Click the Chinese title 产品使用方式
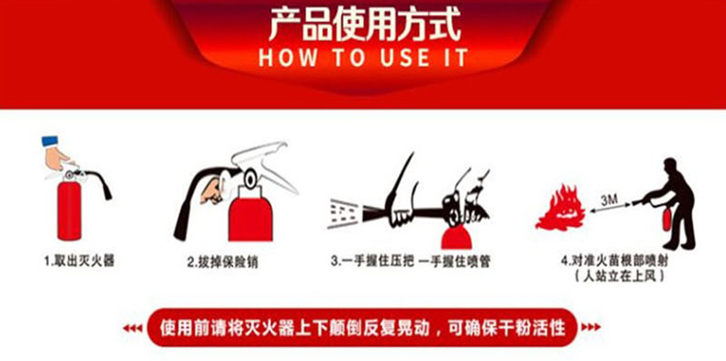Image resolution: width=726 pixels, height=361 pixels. (365, 24)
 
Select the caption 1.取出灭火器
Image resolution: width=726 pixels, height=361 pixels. (79, 261)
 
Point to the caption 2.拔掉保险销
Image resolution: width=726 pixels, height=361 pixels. (222, 262)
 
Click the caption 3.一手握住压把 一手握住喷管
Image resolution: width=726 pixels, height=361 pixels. (410, 262)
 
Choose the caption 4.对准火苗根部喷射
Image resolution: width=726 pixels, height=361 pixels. (615, 261)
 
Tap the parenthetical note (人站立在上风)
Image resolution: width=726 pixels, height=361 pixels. (619, 276)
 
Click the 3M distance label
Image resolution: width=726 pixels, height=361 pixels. (610, 201)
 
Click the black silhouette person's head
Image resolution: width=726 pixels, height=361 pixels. (671, 165)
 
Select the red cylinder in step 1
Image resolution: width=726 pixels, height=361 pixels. (69, 210)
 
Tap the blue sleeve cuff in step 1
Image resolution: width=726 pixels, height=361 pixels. (50, 141)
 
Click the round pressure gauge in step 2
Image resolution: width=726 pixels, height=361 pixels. (251, 179)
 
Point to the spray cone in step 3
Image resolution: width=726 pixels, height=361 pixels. (345, 213)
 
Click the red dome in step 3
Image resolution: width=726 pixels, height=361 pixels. (456, 238)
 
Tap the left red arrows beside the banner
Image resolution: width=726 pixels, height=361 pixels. (132, 328)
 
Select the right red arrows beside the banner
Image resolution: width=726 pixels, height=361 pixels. (591, 327)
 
